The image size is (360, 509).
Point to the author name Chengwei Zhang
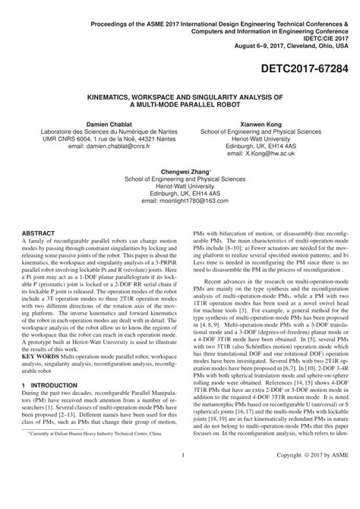pos(179,172)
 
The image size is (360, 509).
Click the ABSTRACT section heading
pos(38,232)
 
